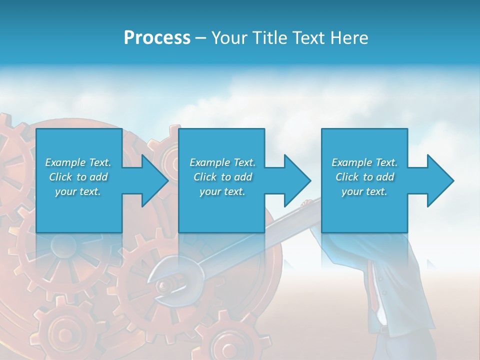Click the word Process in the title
point(157,38)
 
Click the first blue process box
point(79,210)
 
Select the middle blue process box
point(221,210)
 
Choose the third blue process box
point(364,210)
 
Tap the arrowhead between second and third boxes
point(296,180)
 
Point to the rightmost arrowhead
point(439,180)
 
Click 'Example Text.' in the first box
point(78,162)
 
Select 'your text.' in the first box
point(78,191)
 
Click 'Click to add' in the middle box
point(222,177)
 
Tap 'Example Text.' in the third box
point(364,162)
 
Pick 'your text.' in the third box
point(364,191)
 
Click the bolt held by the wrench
point(163,285)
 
